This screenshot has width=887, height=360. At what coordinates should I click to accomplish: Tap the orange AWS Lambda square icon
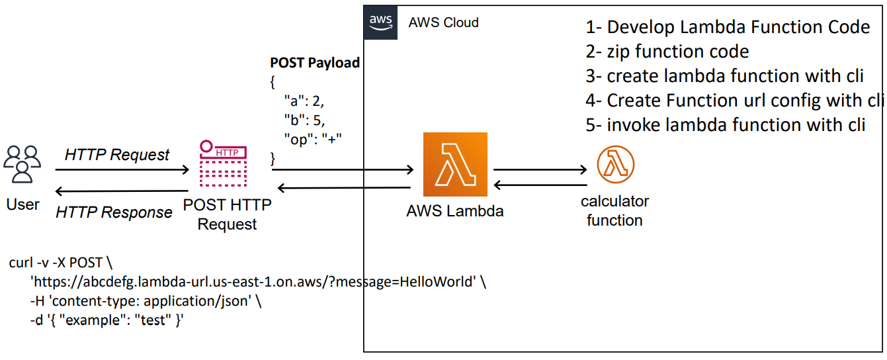click(455, 164)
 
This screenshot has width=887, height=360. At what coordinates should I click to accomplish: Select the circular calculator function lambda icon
click(615, 165)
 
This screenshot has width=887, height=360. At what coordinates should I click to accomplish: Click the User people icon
click(22, 164)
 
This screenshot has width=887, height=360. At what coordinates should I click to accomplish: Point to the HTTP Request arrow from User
click(122, 171)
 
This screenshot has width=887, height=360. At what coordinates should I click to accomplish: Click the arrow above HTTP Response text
click(122, 191)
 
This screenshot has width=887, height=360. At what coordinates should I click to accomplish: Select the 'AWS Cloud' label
click(443, 22)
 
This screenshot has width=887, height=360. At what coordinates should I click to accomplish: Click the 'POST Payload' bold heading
click(315, 63)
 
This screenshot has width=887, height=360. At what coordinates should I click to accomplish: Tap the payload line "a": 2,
click(304, 101)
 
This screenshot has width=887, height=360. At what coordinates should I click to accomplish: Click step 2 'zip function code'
click(667, 52)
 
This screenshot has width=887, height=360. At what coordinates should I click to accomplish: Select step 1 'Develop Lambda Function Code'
click(728, 27)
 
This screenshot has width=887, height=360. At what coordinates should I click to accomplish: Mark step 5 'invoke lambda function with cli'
click(726, 125)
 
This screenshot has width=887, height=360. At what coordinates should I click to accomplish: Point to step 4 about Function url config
click(735, 101)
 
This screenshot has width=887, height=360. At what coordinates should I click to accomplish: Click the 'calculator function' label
click(614, 210)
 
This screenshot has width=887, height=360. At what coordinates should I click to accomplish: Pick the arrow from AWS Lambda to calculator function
click(540, 169)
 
